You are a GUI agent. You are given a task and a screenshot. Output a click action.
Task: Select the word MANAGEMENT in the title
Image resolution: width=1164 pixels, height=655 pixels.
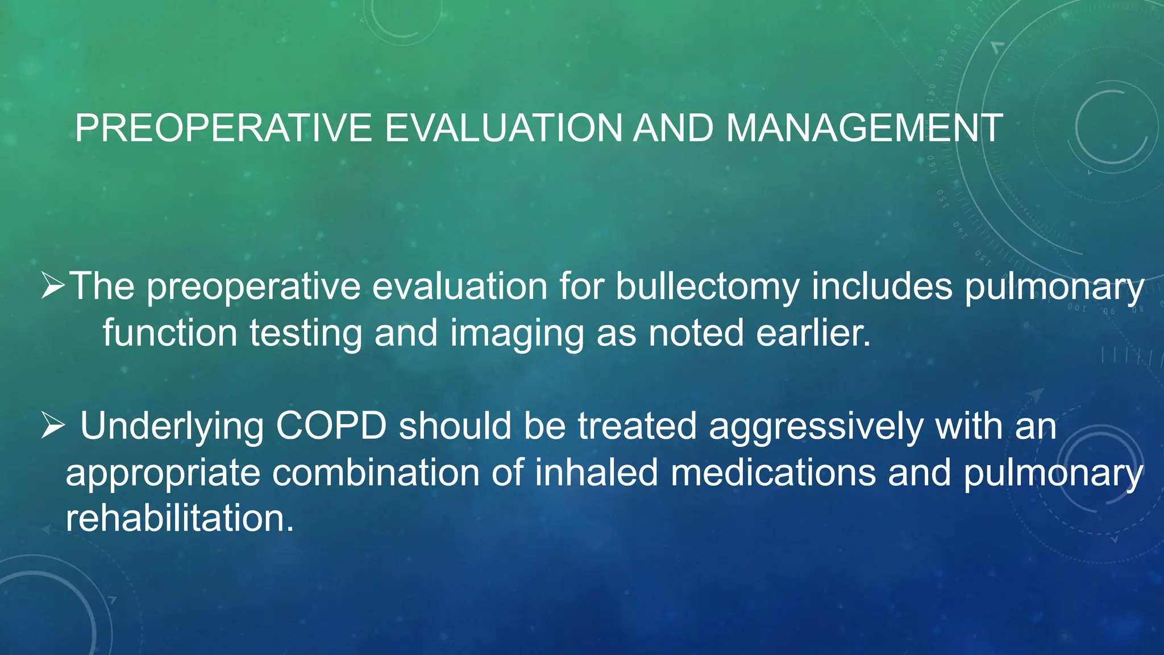(x=864, y=128)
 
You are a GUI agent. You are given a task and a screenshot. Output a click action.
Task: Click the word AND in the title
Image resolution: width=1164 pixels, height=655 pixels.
(x=673, y=128)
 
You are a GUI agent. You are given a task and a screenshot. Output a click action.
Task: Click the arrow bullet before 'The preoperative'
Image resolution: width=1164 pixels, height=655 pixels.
(x=53, y=286)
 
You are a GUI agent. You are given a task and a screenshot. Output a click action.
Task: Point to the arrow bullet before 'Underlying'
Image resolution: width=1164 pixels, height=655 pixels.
(x=53, y=426)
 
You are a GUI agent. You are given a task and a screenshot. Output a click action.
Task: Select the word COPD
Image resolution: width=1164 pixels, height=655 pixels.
(x=331, y=426)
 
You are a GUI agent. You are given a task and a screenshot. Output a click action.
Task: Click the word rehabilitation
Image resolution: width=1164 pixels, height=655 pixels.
(x=180, y=519)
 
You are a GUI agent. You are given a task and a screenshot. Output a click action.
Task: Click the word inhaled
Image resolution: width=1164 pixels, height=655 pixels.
(x=596, y=472)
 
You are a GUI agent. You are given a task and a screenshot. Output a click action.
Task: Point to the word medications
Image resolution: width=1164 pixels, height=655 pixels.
(x=773, y=472)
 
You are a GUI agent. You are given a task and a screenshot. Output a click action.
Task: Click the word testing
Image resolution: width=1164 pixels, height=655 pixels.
(x=306, y=334)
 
